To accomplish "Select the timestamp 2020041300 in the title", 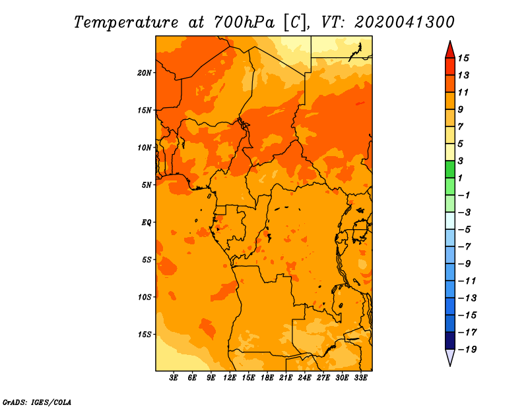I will click(x=404, y=22).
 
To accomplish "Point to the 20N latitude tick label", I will click(x=145, y=72).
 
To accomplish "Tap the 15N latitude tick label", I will click(x=145, y=110).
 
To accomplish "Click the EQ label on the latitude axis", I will click(x=147, y=222).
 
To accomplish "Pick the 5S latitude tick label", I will click(x=147, y=259).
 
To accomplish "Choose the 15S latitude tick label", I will click(x=145, y=334).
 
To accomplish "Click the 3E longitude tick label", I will click(x=174, y=378).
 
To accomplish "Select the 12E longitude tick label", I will click(x=230, y=378).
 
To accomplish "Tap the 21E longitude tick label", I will click(x=286, y=378).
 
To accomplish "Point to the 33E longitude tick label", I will click(x=360, y=378).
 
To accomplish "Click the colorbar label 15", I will click(x=463, y=58).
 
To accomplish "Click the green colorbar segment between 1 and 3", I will click(x=449, y=169).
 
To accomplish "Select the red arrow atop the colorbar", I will click(x=449, y=49).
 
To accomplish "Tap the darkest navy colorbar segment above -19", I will click(x=449, y=340).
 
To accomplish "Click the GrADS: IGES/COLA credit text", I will click(x=36, y=401).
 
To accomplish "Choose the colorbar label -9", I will click(x=465, y=263).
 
